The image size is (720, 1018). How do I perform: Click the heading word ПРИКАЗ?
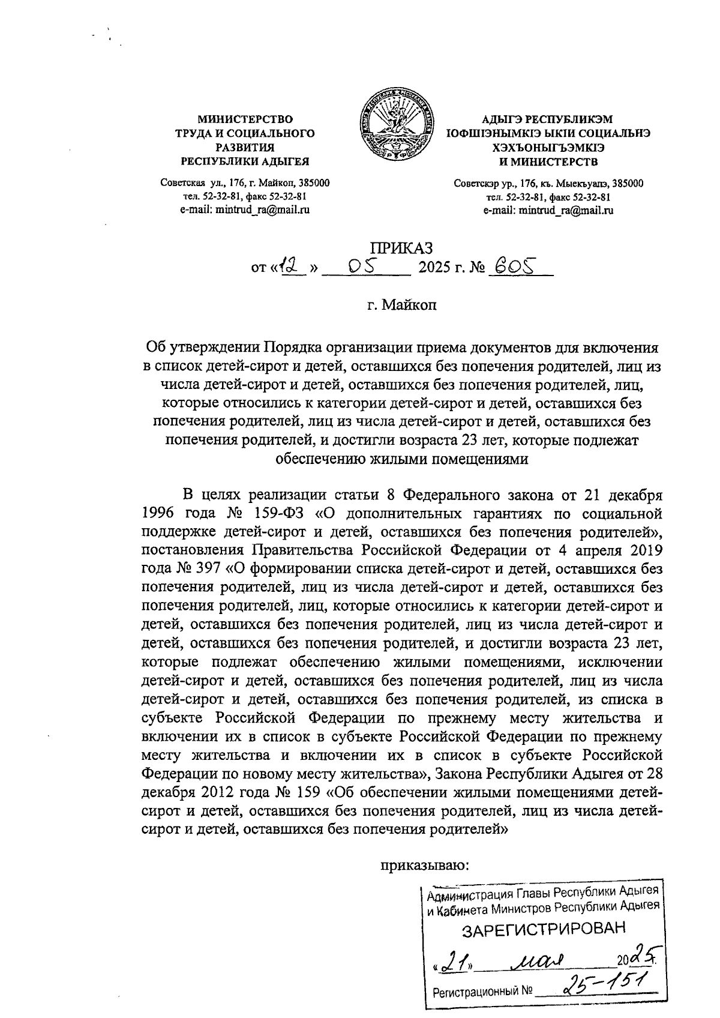pos(400,248)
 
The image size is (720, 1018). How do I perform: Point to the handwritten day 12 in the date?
pos(292,265)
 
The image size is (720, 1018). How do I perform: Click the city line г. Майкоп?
pos(403,305)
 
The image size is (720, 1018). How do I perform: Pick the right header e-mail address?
pos(548,210)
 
